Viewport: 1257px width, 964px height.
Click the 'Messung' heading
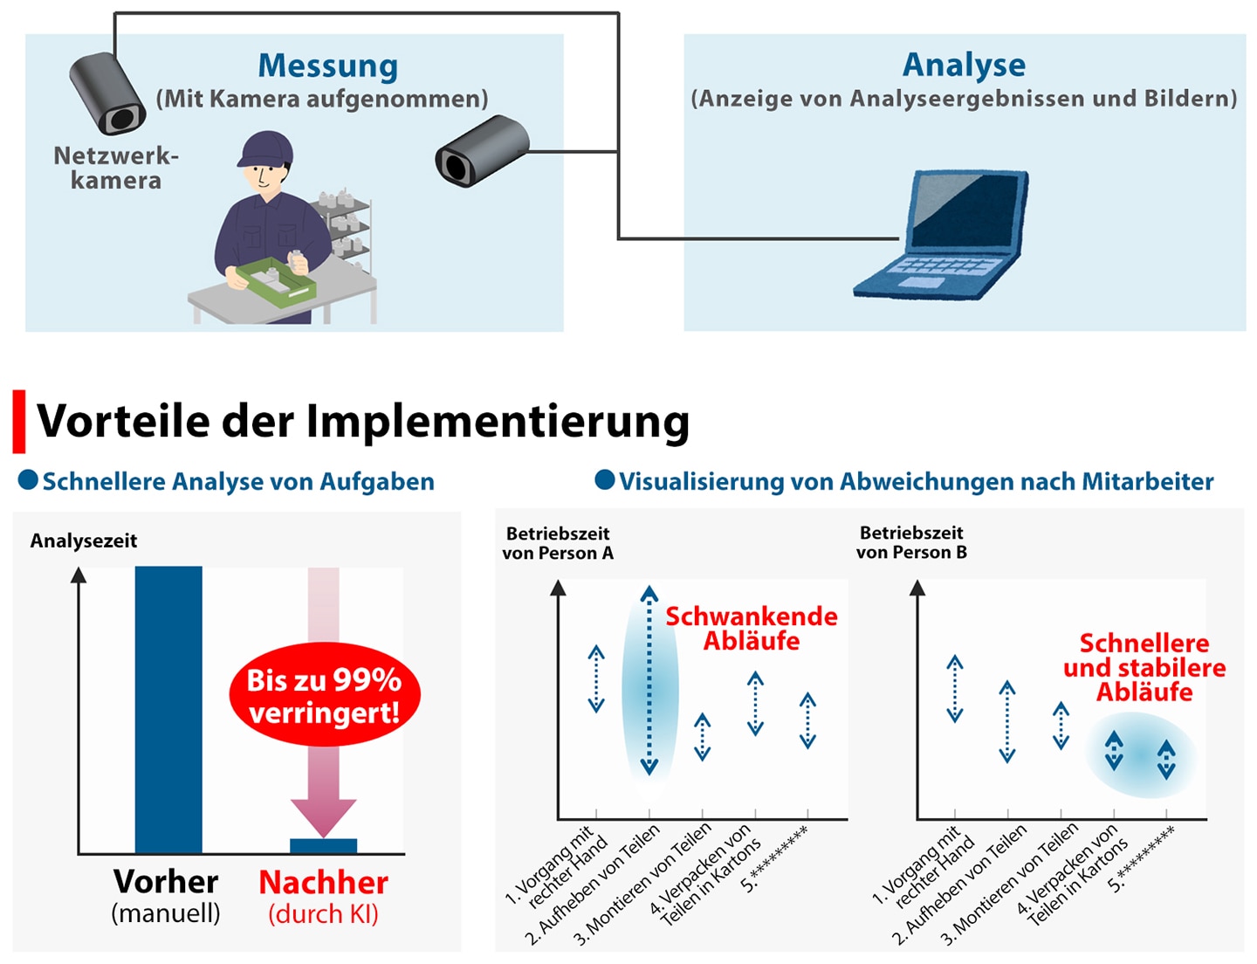point(328,67)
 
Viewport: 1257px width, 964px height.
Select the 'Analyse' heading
point(964,65)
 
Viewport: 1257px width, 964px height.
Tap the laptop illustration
point(941,234)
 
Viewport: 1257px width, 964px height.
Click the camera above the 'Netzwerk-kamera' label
point(107,93)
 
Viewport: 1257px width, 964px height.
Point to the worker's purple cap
point(265,148)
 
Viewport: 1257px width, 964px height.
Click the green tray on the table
point(276,282)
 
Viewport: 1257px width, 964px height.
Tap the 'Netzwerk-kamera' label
point(116,168)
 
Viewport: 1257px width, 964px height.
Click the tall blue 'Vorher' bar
point(168,709)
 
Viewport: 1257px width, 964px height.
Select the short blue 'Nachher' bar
point(323,846)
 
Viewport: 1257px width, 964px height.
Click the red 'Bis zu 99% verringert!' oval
point(325,694)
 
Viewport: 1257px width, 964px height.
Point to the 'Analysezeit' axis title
point(83,541)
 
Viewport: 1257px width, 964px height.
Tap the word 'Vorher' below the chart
point(166,882)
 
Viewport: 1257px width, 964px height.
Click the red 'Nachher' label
point(323,883)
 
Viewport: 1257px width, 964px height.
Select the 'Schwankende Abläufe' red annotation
point(752,629)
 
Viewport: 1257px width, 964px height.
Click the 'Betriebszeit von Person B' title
point(911,542)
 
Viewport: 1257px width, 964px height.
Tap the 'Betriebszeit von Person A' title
point(558,543)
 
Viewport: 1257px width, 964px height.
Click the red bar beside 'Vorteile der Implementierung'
point(19,421)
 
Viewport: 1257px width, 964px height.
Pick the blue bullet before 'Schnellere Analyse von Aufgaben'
point(28,479)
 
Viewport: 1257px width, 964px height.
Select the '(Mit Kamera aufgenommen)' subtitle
point(322,99)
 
